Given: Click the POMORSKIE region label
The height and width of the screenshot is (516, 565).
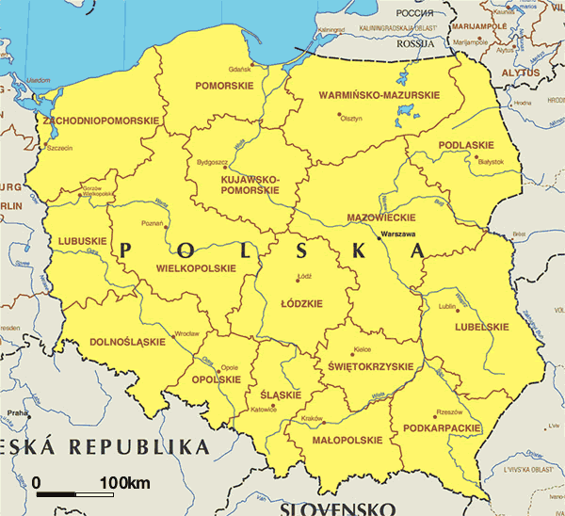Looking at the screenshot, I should pos(224,86).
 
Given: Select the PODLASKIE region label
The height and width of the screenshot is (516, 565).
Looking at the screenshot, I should pos(466,144).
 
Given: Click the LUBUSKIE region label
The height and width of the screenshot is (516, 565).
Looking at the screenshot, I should pos(83,241).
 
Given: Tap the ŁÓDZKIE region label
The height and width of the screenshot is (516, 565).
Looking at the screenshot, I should pos(302,303).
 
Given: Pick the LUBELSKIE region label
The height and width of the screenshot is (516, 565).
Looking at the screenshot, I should pos(482,327).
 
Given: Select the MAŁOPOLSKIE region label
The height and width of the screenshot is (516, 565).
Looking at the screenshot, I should pos(346,440).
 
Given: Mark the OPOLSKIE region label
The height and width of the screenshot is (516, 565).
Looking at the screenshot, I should pos(216,379).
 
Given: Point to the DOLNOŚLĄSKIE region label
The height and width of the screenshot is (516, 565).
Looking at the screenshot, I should pos(126,342).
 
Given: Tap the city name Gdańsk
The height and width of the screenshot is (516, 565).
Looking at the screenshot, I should pos(239,69).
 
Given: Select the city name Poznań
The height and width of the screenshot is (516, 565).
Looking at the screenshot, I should pos(152,223).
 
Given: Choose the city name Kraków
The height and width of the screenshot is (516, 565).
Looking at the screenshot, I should pos(311,418).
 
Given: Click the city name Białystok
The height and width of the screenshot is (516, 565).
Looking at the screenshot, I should pos(491,162).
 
